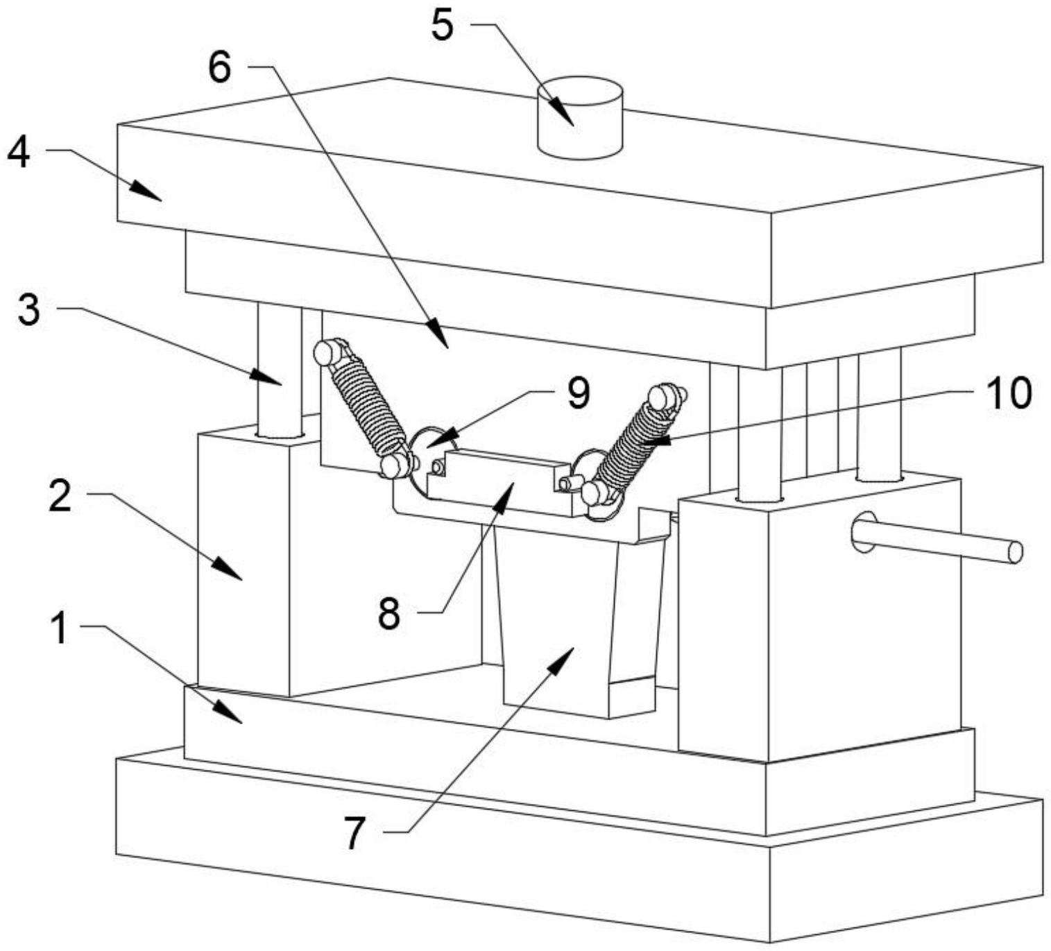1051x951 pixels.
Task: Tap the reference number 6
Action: [220, 69]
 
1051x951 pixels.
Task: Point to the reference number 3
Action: [28, 310]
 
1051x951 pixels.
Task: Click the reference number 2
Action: [60, 496]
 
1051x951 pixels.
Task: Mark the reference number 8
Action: [389, 613]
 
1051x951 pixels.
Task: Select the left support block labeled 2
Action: [243, 562]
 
